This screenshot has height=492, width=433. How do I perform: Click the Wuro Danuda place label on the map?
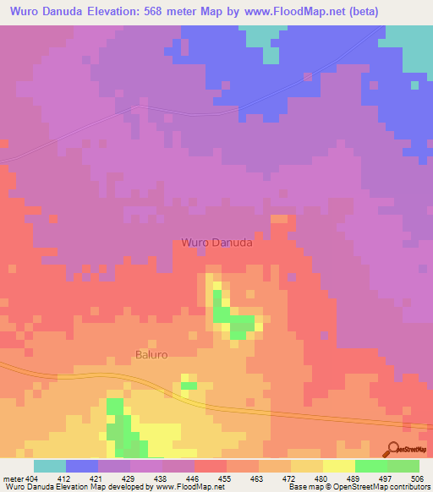[216, 243]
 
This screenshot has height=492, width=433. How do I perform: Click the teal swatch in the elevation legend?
[50, 466]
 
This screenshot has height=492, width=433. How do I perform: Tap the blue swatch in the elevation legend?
[82, 466]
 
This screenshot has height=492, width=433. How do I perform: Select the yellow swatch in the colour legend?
[338, 466]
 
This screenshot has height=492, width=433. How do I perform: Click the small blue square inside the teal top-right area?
[414, 85]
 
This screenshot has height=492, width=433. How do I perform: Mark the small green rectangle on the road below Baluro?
[188, 385]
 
